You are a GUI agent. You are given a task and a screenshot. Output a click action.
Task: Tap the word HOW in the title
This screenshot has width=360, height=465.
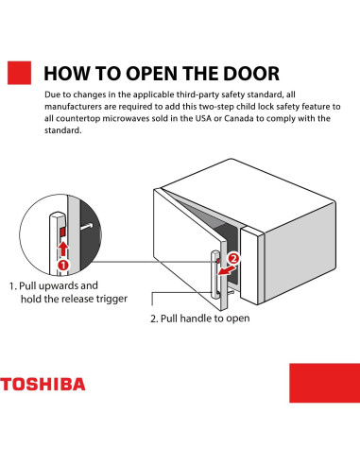68,75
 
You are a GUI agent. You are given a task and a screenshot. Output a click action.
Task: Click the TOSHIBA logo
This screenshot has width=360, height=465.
43,385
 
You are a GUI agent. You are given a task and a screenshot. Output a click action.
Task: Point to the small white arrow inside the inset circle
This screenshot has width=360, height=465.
87,228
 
